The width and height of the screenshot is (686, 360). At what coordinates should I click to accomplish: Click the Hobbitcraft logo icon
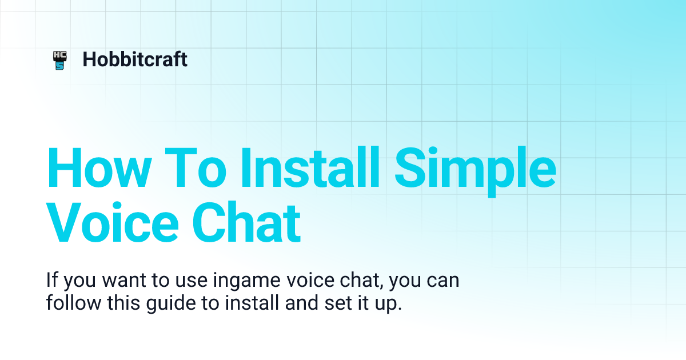(59, 60)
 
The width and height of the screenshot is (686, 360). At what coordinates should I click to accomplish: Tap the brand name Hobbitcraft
(135, 59)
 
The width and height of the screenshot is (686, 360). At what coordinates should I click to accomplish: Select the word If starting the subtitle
(52, 281)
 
